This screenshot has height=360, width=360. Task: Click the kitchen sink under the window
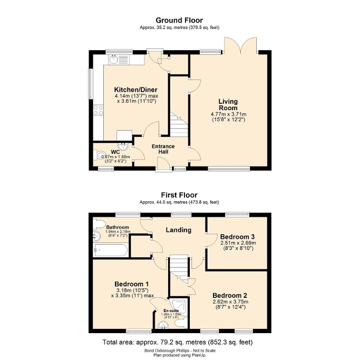tap(113, 60)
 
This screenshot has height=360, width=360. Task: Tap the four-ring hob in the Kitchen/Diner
tap(98, 110)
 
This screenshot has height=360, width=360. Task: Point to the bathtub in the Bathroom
tap(110, 250)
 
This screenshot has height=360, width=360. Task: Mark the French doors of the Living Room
tap(240, 46)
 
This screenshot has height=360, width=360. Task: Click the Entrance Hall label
tap(163, 149)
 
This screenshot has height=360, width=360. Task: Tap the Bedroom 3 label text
tap(238, 237)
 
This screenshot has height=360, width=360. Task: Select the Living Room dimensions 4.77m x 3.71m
tap(228, 114)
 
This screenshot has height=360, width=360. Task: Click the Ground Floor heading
tap(180, 20)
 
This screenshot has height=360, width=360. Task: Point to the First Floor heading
tap(180, 194)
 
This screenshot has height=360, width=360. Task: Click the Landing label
tap(179, 230)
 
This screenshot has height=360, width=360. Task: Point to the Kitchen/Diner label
tap(136, 90)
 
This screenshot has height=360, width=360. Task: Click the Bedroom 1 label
tap(132, 283)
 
